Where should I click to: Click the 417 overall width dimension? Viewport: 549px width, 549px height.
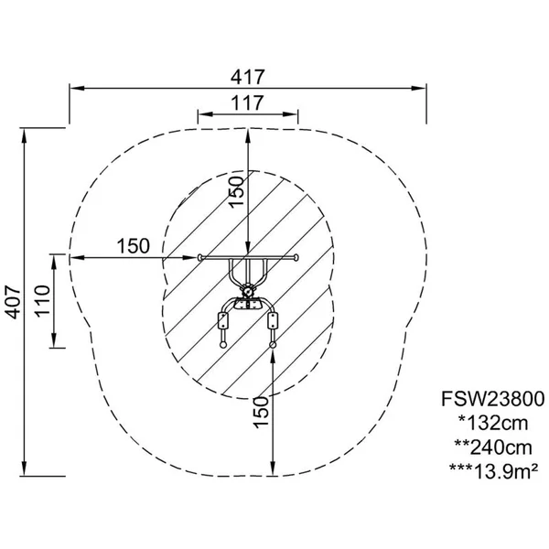coord(248,77)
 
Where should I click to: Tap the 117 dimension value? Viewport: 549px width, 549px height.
coord(247,102)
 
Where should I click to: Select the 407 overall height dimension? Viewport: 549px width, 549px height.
coord(14,302)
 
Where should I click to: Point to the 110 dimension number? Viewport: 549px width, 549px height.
coord(43,301)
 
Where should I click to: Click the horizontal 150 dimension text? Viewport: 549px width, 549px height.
coord(133,246)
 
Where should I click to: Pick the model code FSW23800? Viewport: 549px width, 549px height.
coord(493,399)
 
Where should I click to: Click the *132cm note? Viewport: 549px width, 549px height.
coord(493,423)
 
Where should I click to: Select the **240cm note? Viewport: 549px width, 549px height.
coord(493,447)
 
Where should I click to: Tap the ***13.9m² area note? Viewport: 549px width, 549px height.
coord(493,471)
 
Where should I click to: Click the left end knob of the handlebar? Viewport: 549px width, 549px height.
coord(199,258)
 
